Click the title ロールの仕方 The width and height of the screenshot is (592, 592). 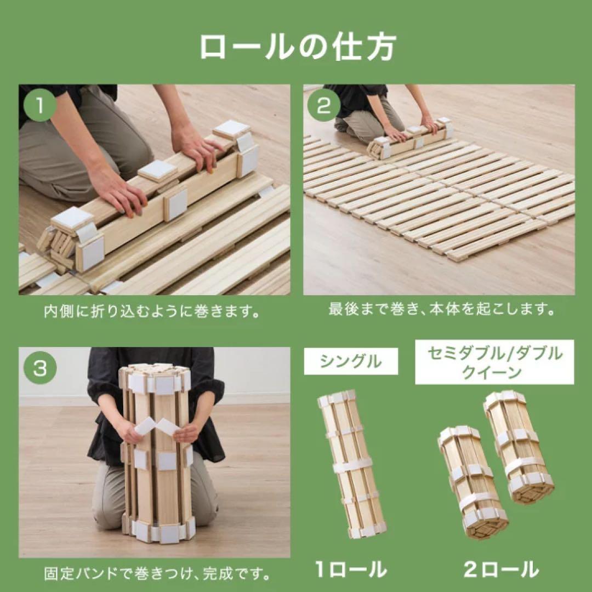point(298,47)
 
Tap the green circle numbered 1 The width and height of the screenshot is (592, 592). point(40,106)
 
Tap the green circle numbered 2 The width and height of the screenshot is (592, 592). point(323,106)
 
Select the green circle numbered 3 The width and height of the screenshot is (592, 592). point(40,368)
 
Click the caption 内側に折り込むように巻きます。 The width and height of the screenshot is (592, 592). point(152,312)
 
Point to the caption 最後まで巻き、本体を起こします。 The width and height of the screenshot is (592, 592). point(441,309)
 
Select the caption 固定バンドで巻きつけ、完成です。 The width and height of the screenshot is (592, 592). point(157,574)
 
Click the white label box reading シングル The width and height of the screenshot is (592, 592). point(351,361)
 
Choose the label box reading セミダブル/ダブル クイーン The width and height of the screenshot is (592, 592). point(494,362)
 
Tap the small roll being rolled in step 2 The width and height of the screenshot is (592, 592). point(410,138)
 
